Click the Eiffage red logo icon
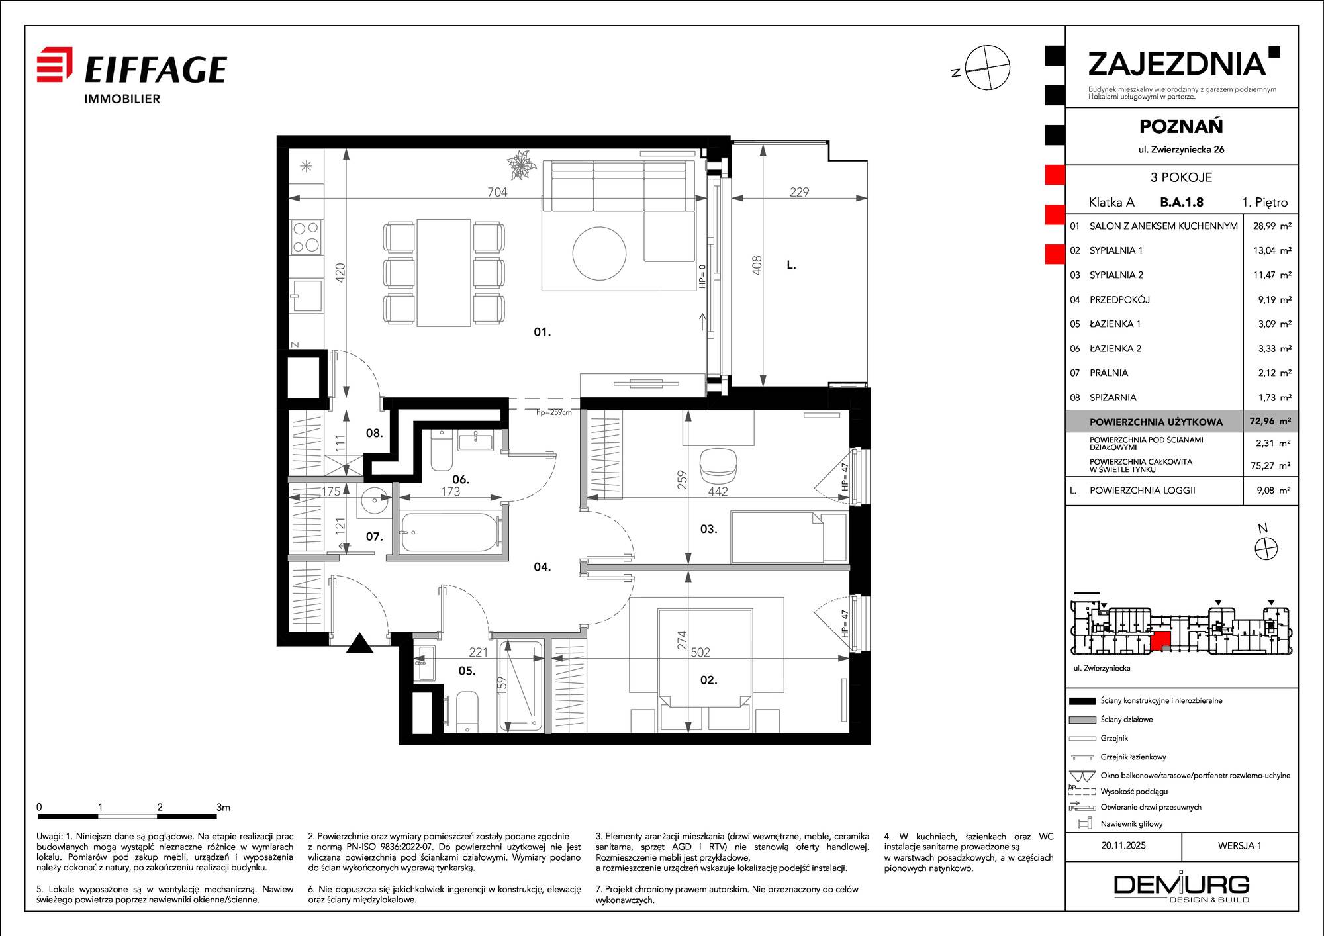click(54, 64)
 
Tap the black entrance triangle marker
click(359, 643)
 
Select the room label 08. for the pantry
click(375, 433)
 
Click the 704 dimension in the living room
click(497, 192)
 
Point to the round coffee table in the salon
click(599, 254)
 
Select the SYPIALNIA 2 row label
click(1116, 275)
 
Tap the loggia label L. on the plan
click(791, 265)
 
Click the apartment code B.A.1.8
click(1182, 202)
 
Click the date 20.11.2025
click(1123, 845)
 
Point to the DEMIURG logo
click(1182, 887)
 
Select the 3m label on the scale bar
click(223, 807)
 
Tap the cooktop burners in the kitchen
click(307, 237)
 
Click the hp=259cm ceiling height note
click(553, 412)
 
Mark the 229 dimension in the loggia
click(799, 192)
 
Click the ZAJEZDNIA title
click(1177, 64)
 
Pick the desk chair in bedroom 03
click(718, 465)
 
